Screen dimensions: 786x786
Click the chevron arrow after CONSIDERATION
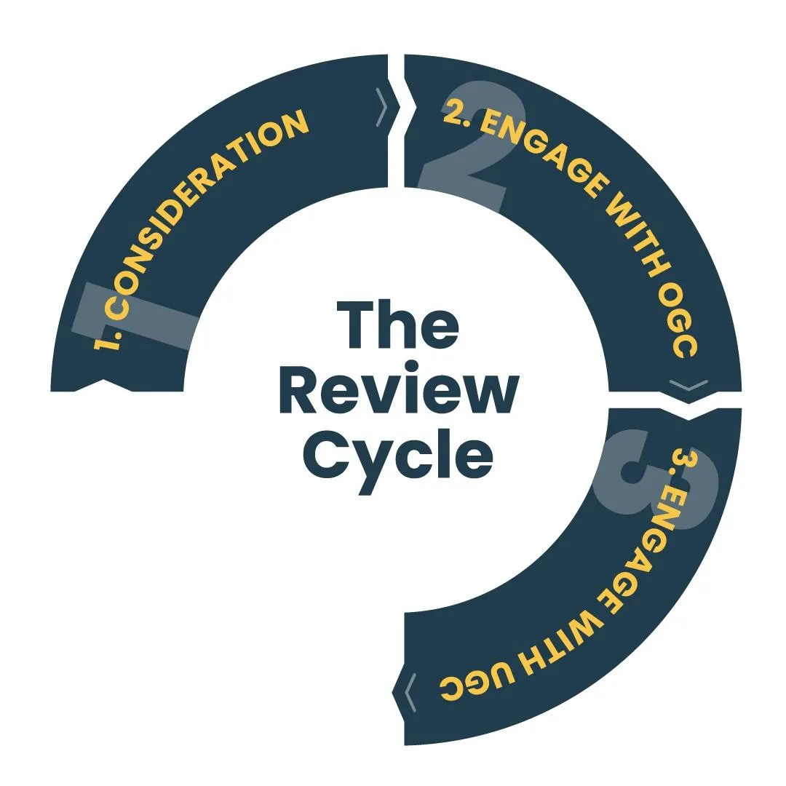click(x=382, y=107)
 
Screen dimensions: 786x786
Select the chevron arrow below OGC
click(x=688, y=385)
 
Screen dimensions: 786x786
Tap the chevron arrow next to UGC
click(x=410, y=692)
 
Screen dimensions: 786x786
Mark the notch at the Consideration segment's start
click(x=104, y=386)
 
